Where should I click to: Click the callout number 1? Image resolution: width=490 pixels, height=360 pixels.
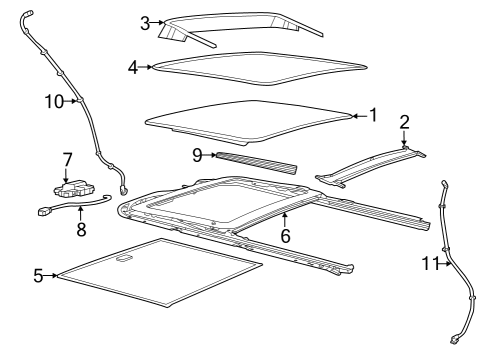click(x=372, y=116)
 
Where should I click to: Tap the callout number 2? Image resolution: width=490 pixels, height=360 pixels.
click(x=404, y=122)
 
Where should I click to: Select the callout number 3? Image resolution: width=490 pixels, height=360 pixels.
click(x=145, y=22)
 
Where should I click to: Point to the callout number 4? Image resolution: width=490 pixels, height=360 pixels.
click(x=133, y=67)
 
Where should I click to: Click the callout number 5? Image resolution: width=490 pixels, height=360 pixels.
click(x=38, y=275)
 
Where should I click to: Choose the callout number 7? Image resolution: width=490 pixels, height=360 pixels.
click(x=67, y=159)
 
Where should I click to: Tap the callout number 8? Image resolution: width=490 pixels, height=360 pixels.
click(x=81, y=229)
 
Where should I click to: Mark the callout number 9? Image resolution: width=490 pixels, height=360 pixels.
click(x=197, y=155)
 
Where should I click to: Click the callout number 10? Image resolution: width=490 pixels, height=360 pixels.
click(x=53, y=101)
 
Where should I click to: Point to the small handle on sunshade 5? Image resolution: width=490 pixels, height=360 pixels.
click(x=124, y=260)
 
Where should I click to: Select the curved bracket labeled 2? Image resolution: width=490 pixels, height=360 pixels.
click(x=370, y=163)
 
